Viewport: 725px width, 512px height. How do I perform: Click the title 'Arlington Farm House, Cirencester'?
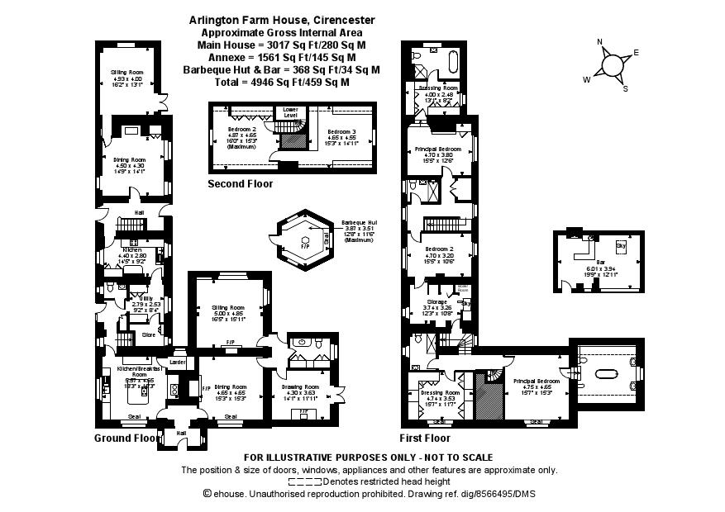click(x=282, y=19)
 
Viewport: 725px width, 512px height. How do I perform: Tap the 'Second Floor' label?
click(x=240, y=184)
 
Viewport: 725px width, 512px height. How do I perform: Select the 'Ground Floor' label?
click(x=125, y=438)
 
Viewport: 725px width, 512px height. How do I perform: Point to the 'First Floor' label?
click(x=425, y=438)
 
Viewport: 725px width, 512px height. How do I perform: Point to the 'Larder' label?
click(x=177, y=362)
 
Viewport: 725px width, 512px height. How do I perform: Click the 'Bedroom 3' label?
click(x=341, y=132)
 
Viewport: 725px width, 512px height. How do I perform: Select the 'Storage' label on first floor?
click(x=437, y=302)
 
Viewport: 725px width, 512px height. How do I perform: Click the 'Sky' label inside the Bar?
click(x=620, y=246)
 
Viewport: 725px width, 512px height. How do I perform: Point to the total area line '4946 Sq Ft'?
click(x=282, y=83)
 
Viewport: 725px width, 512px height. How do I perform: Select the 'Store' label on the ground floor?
click(x=149, y=334)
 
